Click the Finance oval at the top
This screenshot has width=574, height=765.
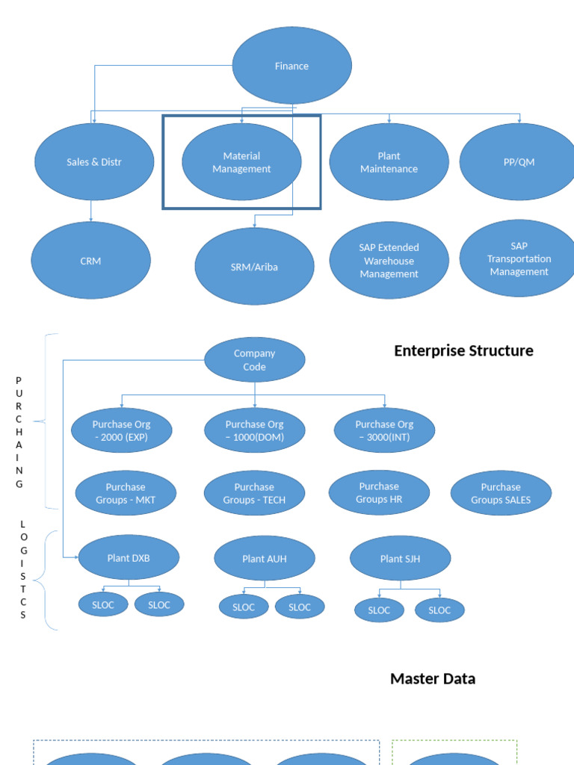pyautogui.click(x=291, y=66)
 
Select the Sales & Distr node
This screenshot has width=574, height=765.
pyautogui.click(x=94, y=162)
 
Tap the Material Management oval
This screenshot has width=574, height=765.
pyautogui.click(x=241, y=162)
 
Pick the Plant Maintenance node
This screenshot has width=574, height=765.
pyautogui.click(x=389, y=162)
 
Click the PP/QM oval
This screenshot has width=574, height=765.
pyautogui.click(x=519, y=162)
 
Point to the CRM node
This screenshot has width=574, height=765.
pyautogui.click(x=90, y=261)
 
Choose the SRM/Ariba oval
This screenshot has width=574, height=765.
pyautogui.click(x=254, y=267)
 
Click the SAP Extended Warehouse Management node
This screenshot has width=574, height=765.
pyautogui.click(x=389, y=261)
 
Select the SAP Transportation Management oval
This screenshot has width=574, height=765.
pyautogui.click(x=519, y=258)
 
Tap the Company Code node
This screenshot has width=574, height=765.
pyautogui.click(x=254, y=360)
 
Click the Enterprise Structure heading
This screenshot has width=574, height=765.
pyautogui.click(x=463, y=351)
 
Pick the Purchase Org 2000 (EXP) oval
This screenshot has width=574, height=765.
pyautogui.click(x=122, y=430)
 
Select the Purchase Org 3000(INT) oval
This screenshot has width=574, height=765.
pyautogui.click(x=384, y=430)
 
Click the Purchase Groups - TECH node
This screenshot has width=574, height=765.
pyautogui.click(x=254, y=494)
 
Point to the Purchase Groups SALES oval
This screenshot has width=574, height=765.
pyautogui.click(x=501, y=494)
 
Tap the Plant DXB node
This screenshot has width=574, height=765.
pyautogui.click(x=129, y=557)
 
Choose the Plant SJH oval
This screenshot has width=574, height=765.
pyautogui.click(x=400, y=558)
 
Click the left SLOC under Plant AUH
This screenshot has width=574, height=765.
pyautogui.click(x=244, y=607)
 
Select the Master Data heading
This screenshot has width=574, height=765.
pyautogui.click(x=432, y=678)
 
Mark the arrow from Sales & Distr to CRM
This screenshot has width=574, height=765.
pyautogui.click(x=91, y=211)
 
